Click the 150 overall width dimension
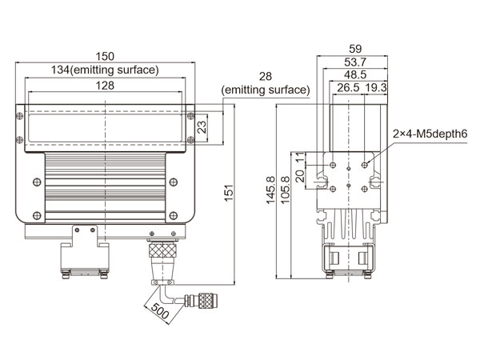[106, 57]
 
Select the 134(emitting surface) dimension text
[106, 70]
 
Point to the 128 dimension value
[106, 85]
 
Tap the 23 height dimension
[202, 126]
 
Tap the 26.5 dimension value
[348, 87]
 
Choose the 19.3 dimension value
[376, 87]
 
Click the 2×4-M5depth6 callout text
[428, 134]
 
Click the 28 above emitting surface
[265, 77]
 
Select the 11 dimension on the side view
[298, 158]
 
